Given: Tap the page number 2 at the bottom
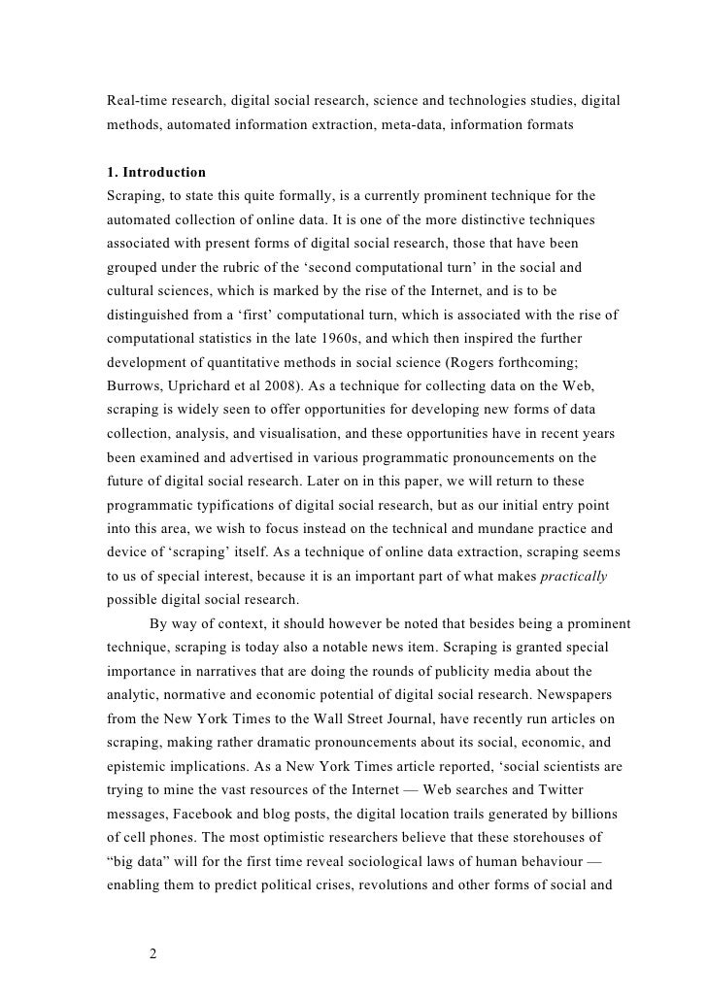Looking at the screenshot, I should click(x=153, y=952).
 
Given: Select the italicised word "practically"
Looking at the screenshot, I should click(x=573, y=575).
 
